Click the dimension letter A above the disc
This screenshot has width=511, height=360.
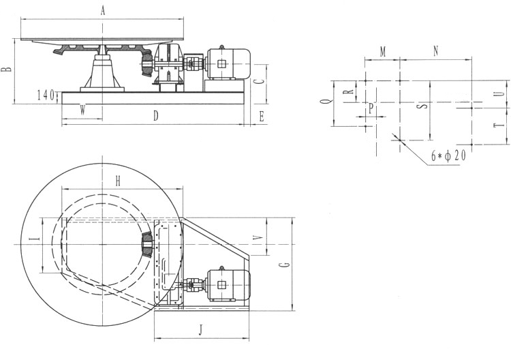pos(103,12)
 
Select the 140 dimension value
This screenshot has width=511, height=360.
pos(46,95)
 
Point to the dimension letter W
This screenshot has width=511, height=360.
pos(82,111)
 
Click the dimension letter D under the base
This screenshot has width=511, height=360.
pos(156,116)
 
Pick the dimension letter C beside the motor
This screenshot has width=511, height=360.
pos(260,80)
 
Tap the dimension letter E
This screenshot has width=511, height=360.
pos(262,117)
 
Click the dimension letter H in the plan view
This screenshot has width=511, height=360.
pos(118,181)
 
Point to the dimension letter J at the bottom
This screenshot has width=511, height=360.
pos(201,331)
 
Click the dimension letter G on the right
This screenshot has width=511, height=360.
pos(285,264)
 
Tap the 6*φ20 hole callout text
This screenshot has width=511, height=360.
pos(448,156)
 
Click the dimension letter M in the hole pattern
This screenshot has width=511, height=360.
pos(383,52)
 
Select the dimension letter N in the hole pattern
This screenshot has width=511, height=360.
pos(436,51)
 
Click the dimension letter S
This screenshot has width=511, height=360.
pos(423,106)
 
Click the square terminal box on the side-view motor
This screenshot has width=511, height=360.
pos(221,63)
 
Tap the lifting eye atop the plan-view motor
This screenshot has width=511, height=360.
pos(222,268)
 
